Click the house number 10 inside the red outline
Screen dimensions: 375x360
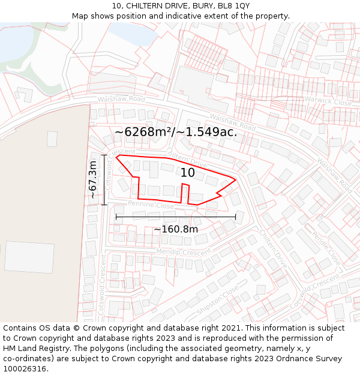click(188, 173)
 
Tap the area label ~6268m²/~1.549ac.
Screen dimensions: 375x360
click(176, 132)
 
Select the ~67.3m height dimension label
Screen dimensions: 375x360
click(93, 179)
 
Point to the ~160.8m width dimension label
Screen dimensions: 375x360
click(176, 229)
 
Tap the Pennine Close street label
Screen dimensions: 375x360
click(150, 205)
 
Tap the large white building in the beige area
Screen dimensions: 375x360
click(29, 257)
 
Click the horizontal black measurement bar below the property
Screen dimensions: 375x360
click(176, 217)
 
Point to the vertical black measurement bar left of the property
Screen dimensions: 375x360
click(104, 180)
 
